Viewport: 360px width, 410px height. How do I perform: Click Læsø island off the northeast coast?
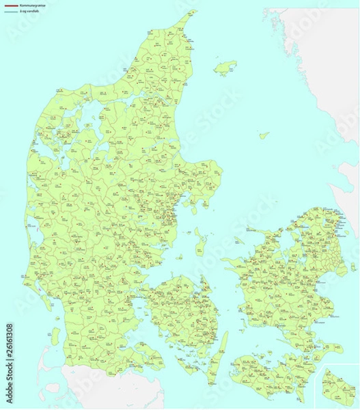click(225, 67)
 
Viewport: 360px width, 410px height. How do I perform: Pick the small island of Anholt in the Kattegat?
click(264, 135)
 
